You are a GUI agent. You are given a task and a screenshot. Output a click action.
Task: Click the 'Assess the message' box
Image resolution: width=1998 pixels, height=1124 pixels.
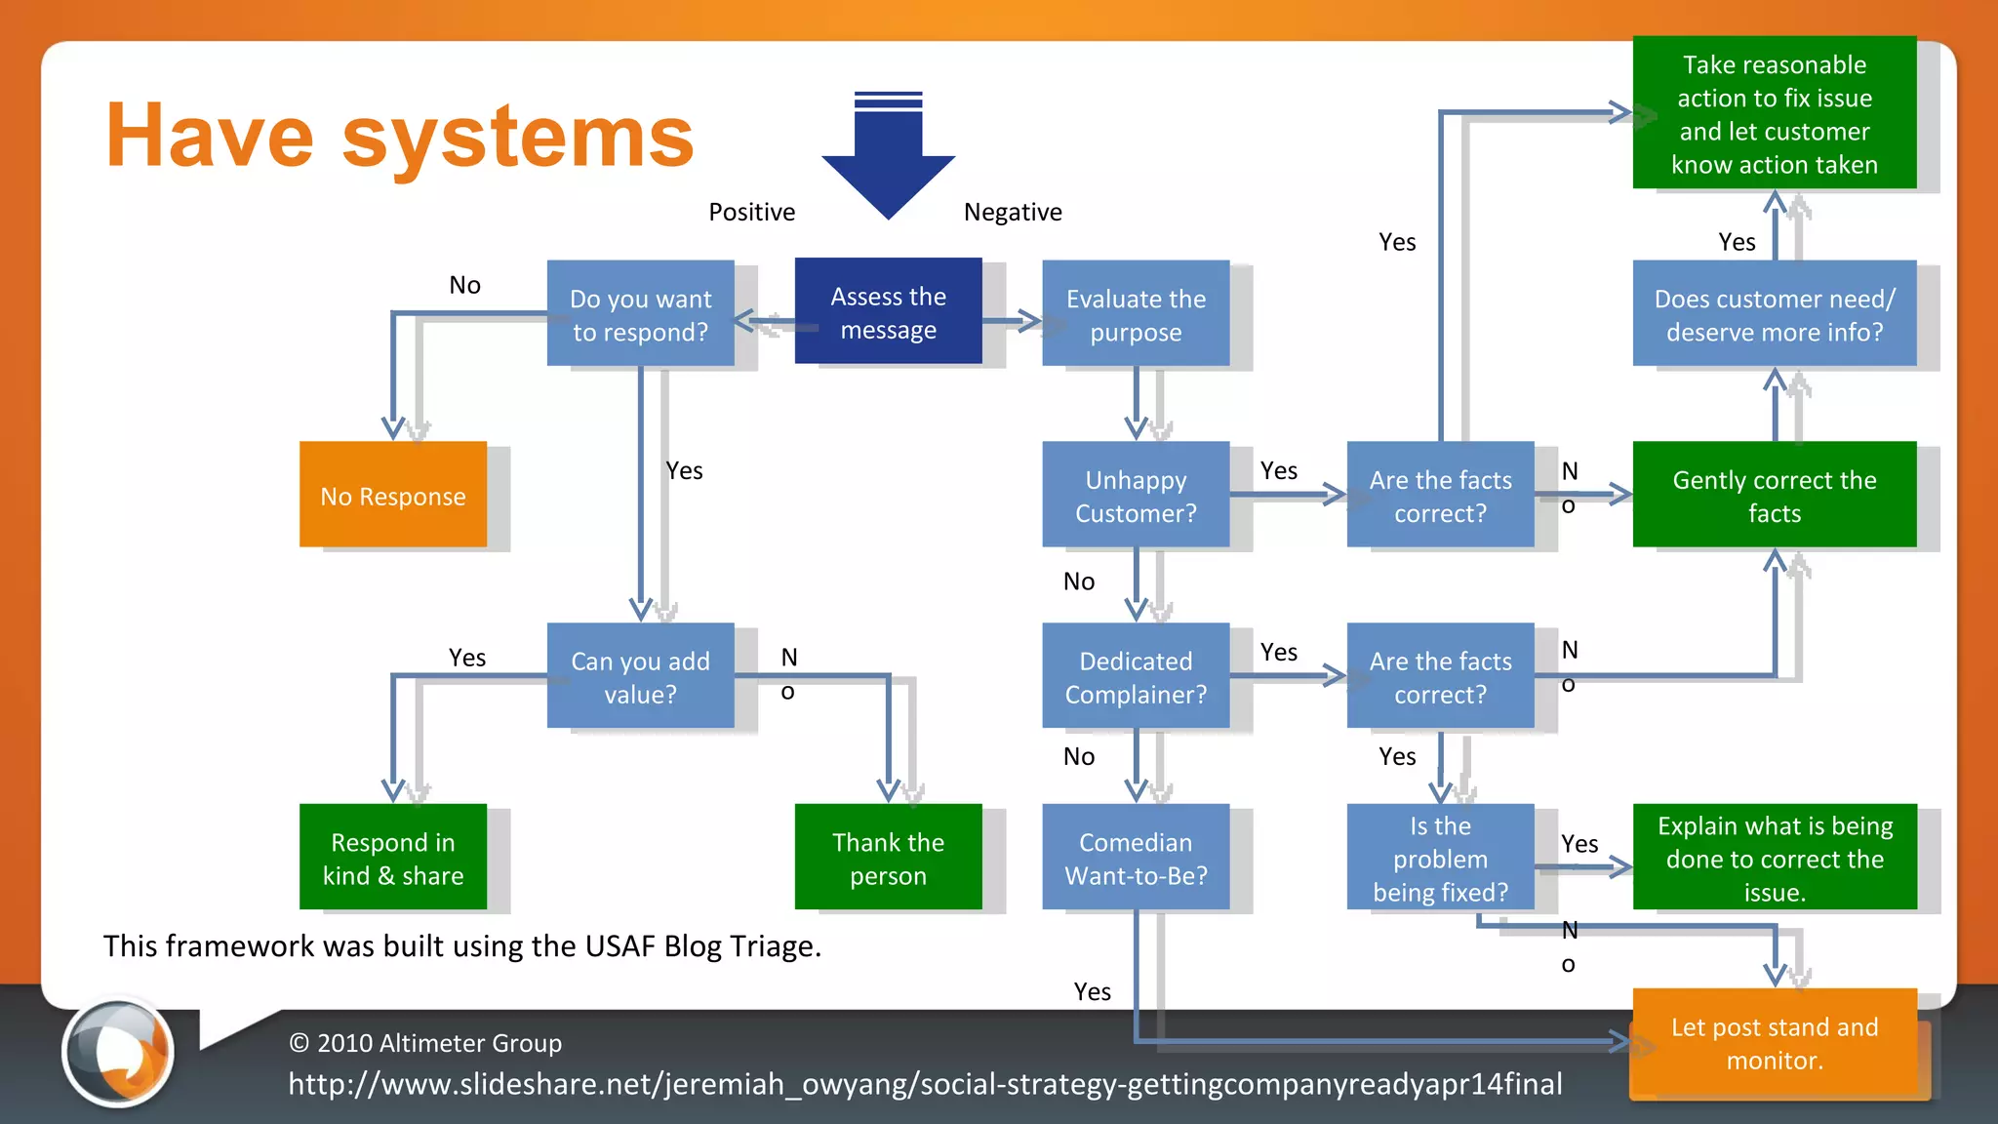[x=888, y=311]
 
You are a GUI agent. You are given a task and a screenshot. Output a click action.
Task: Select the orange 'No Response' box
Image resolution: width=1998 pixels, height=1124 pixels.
[x=393, y=495]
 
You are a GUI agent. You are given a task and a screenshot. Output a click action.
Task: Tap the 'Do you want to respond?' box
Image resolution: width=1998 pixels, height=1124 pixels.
[x=640, y=313]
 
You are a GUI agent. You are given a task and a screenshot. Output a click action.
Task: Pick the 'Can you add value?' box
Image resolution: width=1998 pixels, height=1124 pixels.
[x=640, y=676]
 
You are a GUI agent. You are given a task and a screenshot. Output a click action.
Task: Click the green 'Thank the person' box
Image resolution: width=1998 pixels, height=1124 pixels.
[x=888, y=858]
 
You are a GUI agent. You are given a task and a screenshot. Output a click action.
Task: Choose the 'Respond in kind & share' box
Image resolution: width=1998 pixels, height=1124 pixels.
[x=393, y=858]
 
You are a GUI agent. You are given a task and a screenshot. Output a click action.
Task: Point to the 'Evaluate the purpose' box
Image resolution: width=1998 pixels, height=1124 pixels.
[x=1136, y=313]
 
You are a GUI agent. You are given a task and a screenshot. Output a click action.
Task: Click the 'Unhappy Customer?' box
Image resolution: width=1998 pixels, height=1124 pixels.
[x=1136, y=495]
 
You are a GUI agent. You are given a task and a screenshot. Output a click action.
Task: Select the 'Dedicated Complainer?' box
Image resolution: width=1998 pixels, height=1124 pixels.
[x=1136, y=676]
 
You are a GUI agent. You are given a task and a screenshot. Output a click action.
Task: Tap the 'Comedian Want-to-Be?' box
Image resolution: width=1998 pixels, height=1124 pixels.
[x=1136, y=858]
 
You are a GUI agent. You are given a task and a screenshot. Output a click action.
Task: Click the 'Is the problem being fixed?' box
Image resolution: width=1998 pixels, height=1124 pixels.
[x=1440, y=858]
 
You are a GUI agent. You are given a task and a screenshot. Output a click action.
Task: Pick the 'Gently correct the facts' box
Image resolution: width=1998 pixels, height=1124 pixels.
[x=1774, y=495]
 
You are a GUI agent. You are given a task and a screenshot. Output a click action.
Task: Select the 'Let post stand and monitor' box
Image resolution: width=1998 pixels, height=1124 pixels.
[x=1774, y=1042]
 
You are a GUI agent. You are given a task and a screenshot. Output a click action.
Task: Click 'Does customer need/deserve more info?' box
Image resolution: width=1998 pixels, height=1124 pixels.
[x=1774, y=313]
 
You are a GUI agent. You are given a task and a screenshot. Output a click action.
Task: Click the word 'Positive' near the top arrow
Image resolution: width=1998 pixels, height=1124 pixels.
[x=751, y=212]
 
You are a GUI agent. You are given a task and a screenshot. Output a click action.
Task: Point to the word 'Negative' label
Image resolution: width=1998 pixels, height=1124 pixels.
[x=1013, y=212]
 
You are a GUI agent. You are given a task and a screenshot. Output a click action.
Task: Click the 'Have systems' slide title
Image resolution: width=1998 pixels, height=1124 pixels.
[x=400, y=137]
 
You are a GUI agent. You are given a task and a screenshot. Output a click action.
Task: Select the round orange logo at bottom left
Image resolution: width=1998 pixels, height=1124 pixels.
[x=118, y=1053]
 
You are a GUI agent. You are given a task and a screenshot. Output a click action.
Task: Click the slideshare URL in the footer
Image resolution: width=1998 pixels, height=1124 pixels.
[x=925, y=1084]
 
